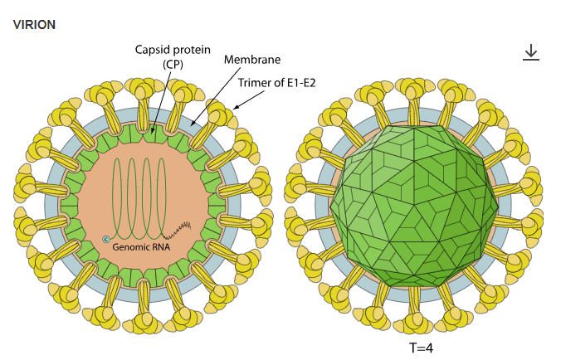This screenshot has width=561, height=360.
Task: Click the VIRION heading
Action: coord(35,24)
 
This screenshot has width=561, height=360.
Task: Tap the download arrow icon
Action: coord(531,52)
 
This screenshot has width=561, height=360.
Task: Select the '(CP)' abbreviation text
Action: coord(171,65)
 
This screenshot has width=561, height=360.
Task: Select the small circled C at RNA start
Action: coord(106,240)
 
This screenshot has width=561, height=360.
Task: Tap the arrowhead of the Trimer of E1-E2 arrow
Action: coord(235,108)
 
